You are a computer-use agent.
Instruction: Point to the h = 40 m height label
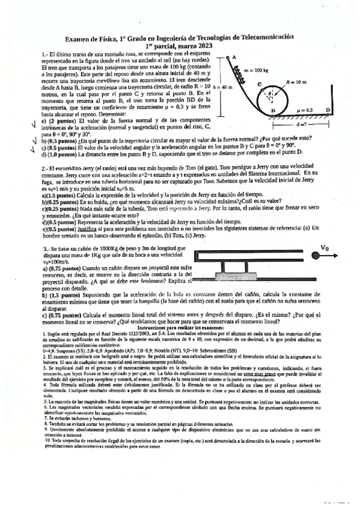pyautogui.click(x=224, y=87)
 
